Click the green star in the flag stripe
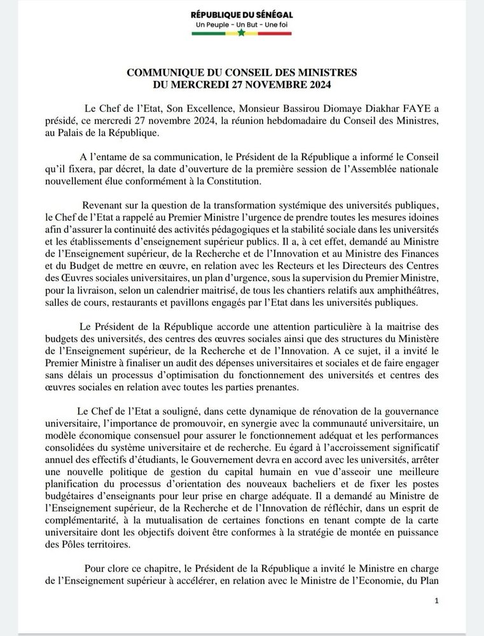coord(242,34)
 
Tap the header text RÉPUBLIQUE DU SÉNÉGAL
coord(242,14)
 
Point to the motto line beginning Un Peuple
coord(242,24)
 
